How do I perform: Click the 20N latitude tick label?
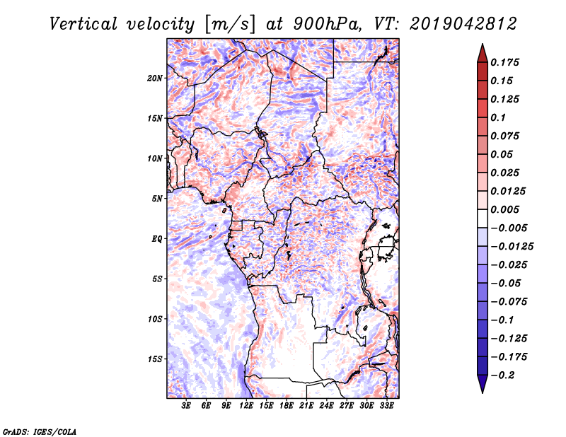pyautogui.click(x=155, y=78)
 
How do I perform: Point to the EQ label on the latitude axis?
pyautogui.click(x=156, y=239)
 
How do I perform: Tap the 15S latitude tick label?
pyautogui.click(x=155, y=359)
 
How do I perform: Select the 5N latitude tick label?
pyautogui.click(x=157, y=199)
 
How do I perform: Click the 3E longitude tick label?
pyautogui.click(x=186, y=406)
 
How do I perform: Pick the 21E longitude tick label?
pyautogui.click(x=306, y=406)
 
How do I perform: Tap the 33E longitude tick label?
pyautogui.click(x=386, y=406)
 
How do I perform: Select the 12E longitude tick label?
pyautogui.click(x=246, y=406)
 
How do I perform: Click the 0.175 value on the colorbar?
pyautogui.click(x=504, y=62)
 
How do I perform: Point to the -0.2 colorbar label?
pyautogui.click(x=502, y=375)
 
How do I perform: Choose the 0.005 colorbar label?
pyautogui.click(x=504, y=209)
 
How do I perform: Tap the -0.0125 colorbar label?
pyautogui.click(x=512, y=247)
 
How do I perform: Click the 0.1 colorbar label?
pyautogui.click(x=498, y=117)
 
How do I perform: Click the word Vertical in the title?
pyautogui.click(x=83, y=24)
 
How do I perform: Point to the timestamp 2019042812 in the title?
pyautogui.click(x=463, y=24)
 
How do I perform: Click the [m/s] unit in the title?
pyautogui.click(x=230, y=24)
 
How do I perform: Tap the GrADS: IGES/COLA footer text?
pyautogui.click(x=40, y=431)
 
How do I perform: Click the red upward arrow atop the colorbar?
pyautogui.click(x=483, y=54)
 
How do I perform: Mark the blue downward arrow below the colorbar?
pyautogui.click(x=483, y=383)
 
